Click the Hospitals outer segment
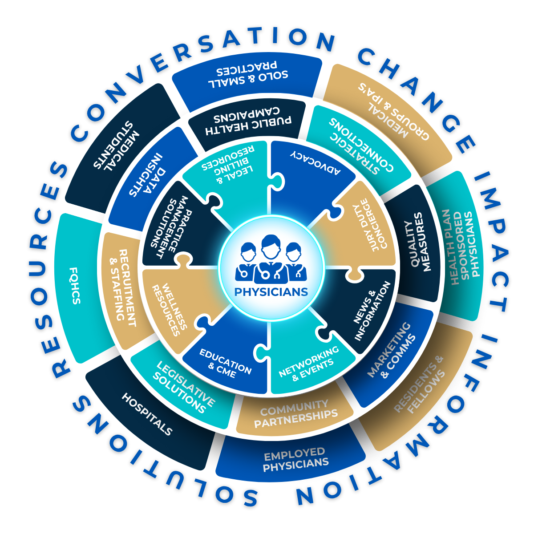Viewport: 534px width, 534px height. pyautogui.click(x=147, y=414)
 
